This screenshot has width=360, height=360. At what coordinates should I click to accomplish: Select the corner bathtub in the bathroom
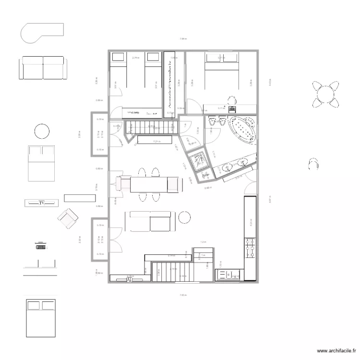pyautogui.click(x=243, y=129)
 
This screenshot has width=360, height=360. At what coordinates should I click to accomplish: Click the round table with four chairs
pyautogui.click(x=326, y=94)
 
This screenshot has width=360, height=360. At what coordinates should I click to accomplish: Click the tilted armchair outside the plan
pyautogui.click(x=67, y=218)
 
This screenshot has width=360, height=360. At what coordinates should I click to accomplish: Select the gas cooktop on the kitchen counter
pyautogui.click(x=250, y=249)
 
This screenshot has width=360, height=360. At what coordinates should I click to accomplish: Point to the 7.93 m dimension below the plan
pyautogui.click(x=182, y=295)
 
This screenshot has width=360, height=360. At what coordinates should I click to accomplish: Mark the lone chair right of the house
pyautogui.click(x=314, y=165)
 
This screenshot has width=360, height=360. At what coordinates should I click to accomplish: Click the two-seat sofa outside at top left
pyautogui.click(x=43, y=68)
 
